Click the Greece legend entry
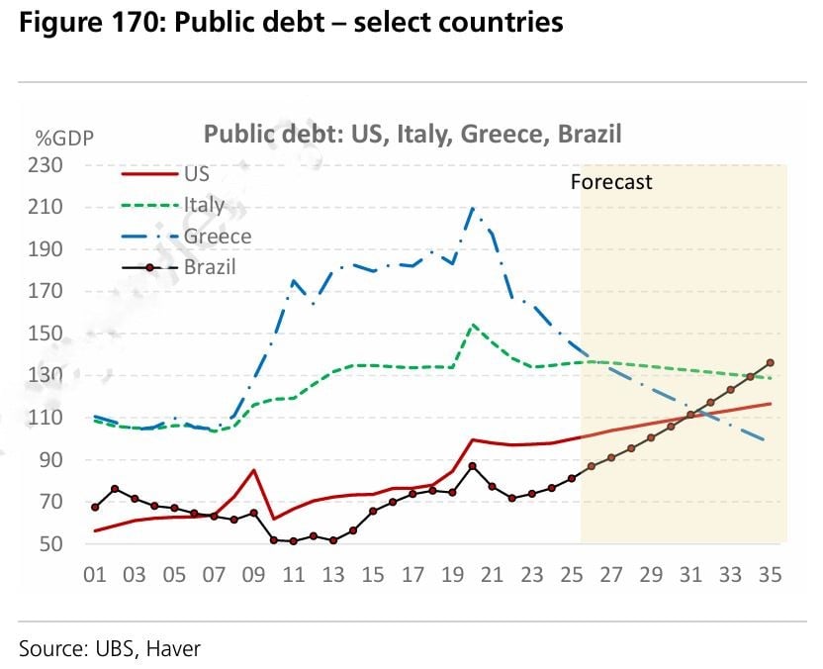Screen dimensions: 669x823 tap(217, 237)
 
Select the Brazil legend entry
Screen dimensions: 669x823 tap(210, 267)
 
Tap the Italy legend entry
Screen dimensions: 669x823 tap(204, 205)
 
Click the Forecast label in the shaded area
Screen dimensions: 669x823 tap(611, 182)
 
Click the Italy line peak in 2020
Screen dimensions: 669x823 tap(474, 325)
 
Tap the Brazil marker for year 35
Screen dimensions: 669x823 tap(771, 363)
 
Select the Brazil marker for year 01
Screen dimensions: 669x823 tap(95, 507)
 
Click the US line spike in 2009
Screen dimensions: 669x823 tap(254, 470)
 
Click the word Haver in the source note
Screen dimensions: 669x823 tap(177, 648)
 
